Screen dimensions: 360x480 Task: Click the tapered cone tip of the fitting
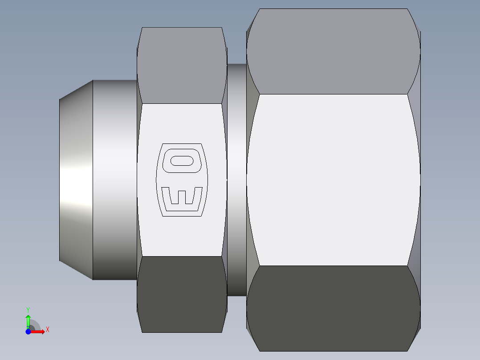coord(76,180)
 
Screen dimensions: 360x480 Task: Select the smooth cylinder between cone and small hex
coord(114,180)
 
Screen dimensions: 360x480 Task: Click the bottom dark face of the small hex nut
coord(182,294)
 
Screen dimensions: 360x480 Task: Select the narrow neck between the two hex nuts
coord(236,180)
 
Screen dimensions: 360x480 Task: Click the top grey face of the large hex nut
coord(333,51)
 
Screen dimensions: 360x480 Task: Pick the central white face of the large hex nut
coord(333,180)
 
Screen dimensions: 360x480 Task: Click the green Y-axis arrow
coord(28,320)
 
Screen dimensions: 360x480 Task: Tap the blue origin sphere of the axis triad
coord(28,331)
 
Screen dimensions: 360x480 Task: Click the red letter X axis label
coord(47,330)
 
